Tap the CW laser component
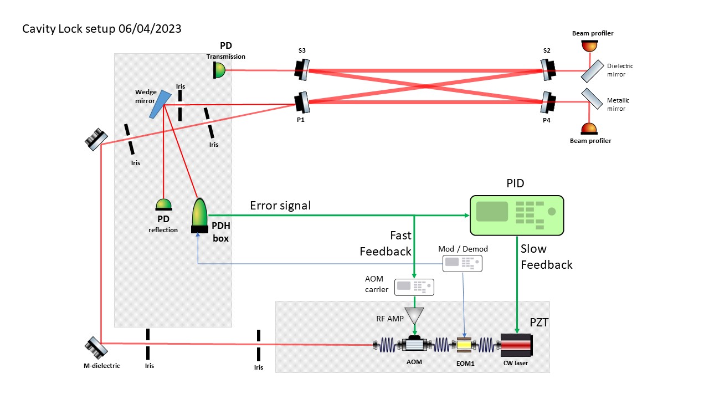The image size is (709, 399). pos(516,345)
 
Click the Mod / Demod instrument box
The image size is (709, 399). pos(462,263)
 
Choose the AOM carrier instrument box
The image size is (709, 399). pos(414,287)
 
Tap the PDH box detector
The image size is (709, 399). pos(199,216)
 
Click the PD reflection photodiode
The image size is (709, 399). pos(163,205)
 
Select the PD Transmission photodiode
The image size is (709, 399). pos(219,70)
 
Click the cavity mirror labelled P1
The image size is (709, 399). pos(302,102)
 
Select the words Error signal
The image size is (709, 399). pos(280,206)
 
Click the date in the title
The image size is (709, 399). pos(150,29)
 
